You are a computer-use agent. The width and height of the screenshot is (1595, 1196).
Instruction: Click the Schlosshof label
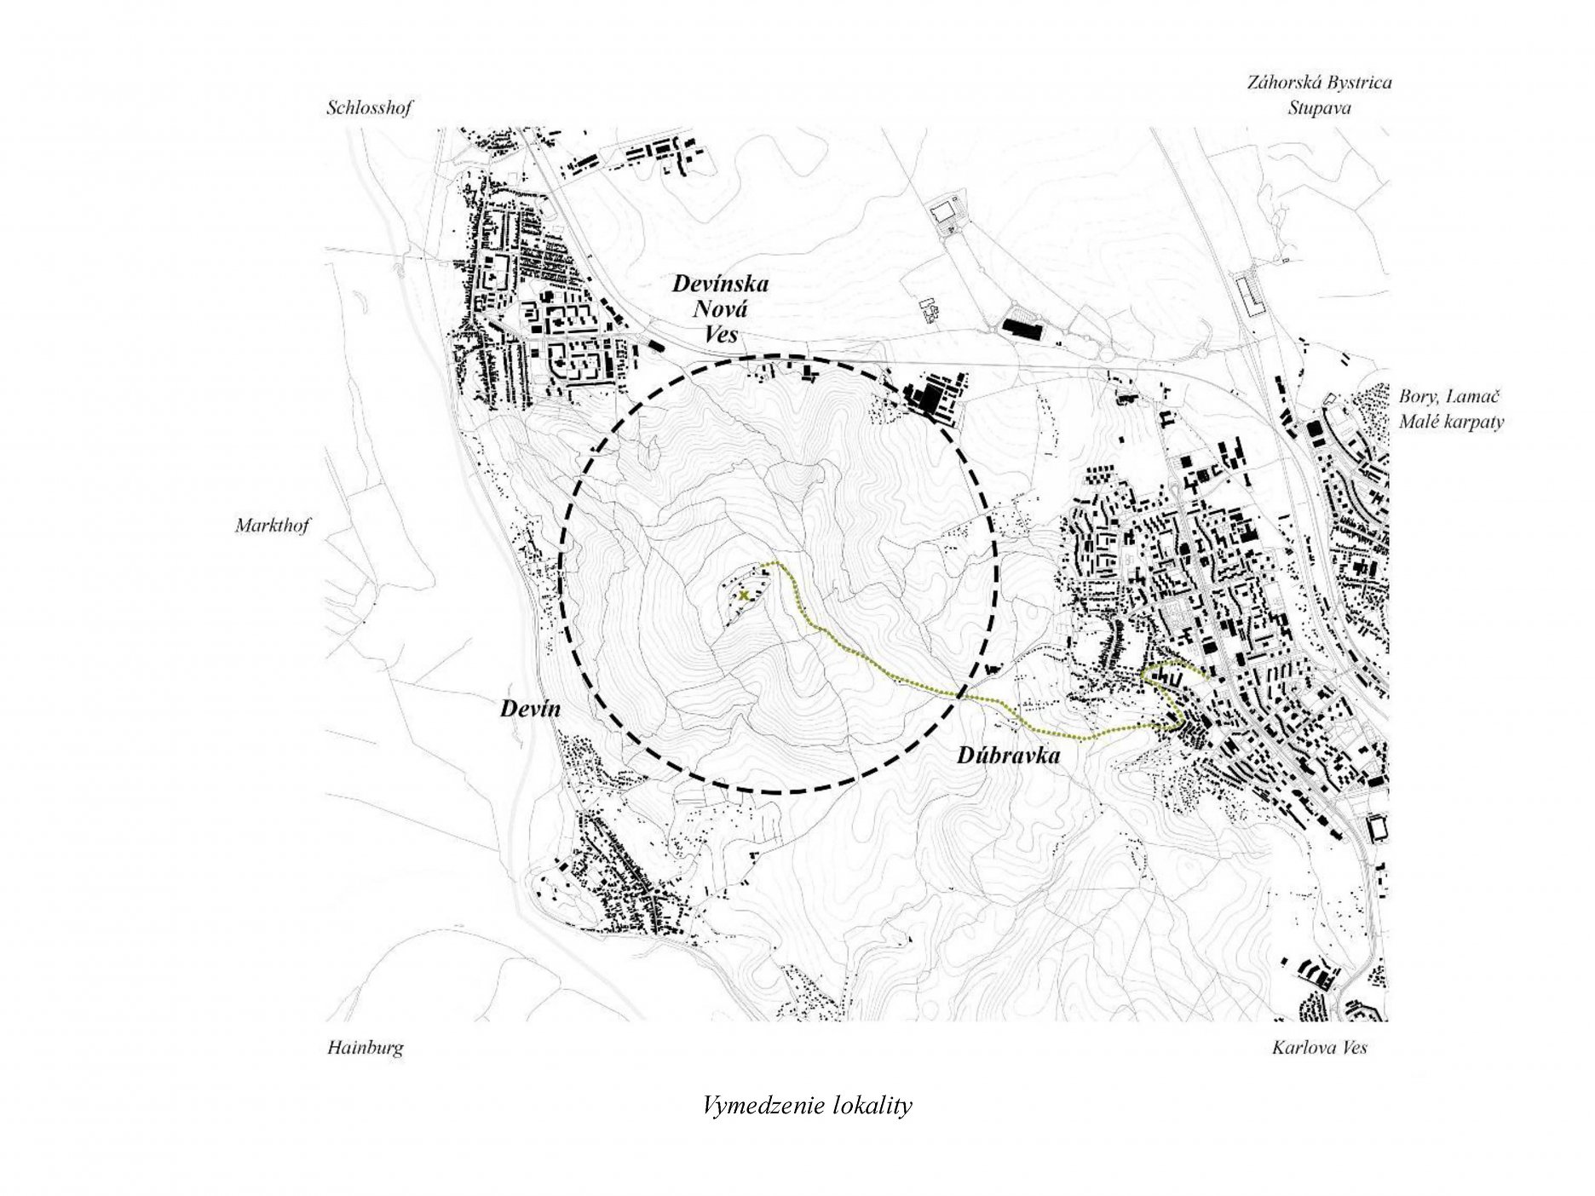tap(369, 108)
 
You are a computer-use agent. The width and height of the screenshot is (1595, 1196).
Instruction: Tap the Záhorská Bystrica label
tap(1319, 83)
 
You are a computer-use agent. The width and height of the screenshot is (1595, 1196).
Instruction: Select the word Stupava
tap(1319, 109)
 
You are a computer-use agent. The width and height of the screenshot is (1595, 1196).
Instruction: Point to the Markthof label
tap(273, 526)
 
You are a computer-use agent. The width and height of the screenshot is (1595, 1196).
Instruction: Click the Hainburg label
tap(366, 1048)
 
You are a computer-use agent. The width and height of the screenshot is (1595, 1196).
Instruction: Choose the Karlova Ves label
tap(1320, 1047)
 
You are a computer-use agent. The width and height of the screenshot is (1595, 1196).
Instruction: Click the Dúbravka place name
tap(1008, 755)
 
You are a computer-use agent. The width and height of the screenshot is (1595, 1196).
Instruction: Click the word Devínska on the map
tap(721, 284)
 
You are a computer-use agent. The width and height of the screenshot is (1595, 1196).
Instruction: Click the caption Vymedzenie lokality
tap(808, 1107)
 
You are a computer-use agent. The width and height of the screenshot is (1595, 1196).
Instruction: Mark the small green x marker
tap(745, 595)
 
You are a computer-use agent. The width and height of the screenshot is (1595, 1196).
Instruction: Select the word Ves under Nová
tap(721, 334)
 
